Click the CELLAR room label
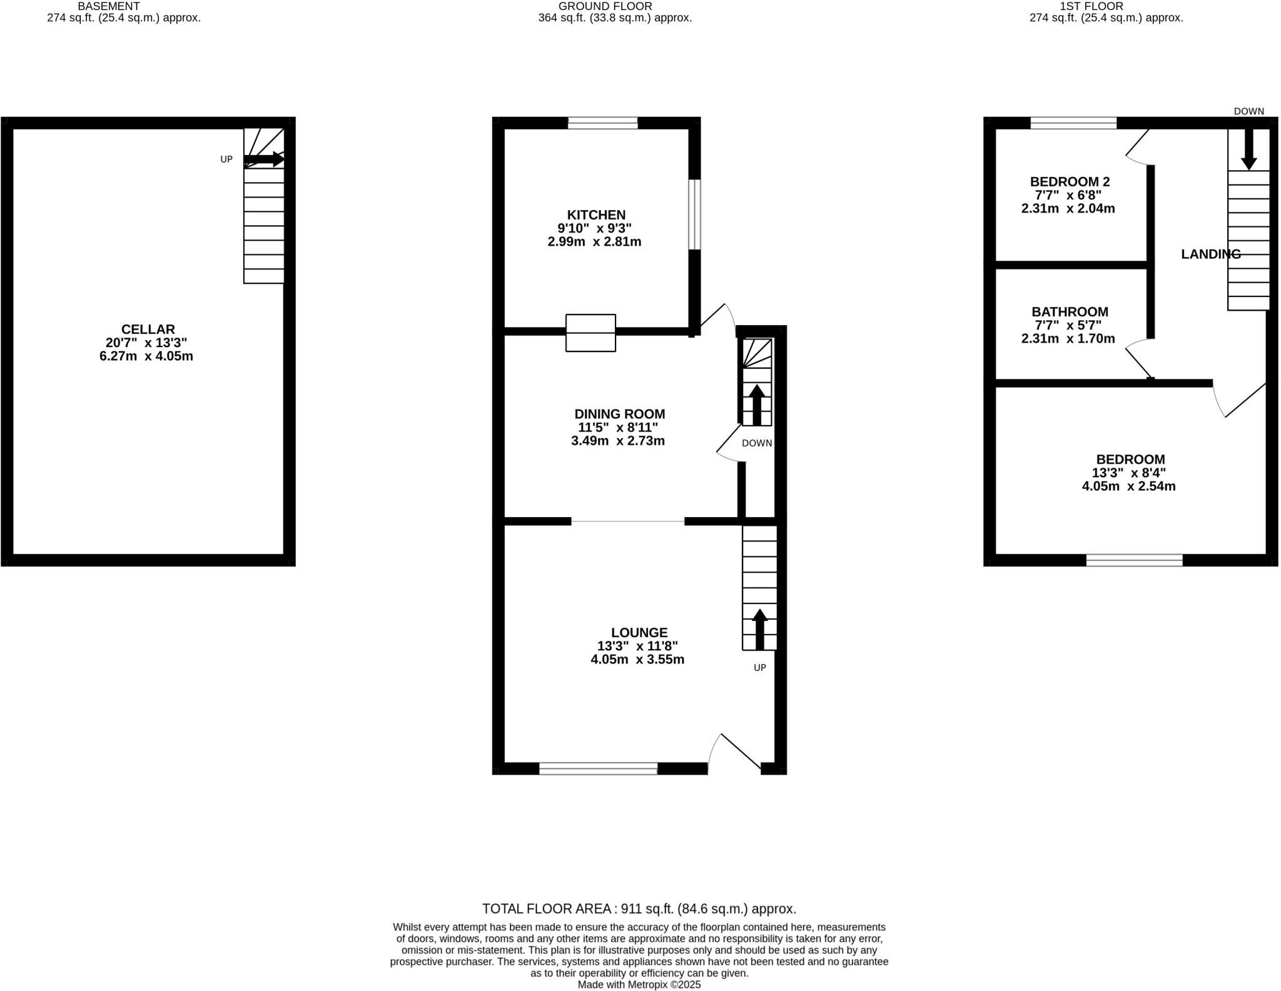tap(148, 329)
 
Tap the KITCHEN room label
tap(595, 215)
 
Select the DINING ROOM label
tap(619, 414)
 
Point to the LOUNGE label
tap(639, 633)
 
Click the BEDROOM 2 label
tap(1070, 182)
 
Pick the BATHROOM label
tap(1070, 312)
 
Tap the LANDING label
tap(1210, 254)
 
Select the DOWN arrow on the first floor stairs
tap(1248, 149)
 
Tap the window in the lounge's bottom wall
tap(598, 769)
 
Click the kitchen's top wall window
tap(602, 123)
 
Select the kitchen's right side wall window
tap(694, 214)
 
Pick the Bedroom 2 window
tap(1073, 123)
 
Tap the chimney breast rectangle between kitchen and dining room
tap(590, 333)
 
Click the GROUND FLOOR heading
tap(605, 6)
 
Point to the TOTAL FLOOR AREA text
tap(639, 909)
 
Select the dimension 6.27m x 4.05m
tap(146, 356)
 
